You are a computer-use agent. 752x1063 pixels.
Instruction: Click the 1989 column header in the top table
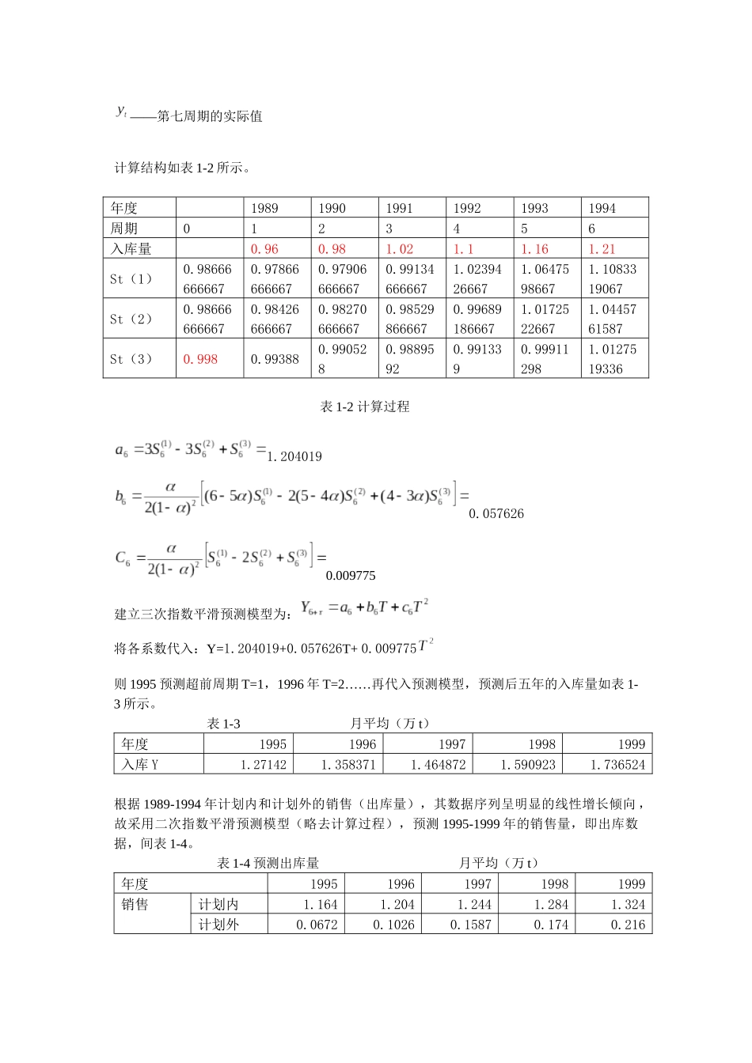(264, 208)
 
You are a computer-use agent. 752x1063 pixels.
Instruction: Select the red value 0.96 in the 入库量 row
(264, 248)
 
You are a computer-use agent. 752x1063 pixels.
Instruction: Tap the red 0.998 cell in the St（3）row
(200, 359)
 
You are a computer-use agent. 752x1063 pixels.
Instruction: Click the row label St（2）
(131, 319)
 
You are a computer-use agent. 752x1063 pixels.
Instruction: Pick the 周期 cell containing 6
(591, 229)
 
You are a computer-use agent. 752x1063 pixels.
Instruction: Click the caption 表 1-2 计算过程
(365, 407)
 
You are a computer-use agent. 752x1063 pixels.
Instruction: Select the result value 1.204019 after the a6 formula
(294, 456)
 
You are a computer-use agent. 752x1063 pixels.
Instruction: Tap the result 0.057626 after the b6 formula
(496, 513)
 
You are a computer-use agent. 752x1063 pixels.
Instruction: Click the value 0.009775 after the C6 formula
(351, 576)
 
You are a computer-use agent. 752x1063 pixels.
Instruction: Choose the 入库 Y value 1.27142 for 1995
(264, 765)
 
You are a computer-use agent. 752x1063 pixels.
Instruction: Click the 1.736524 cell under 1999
(617, 765)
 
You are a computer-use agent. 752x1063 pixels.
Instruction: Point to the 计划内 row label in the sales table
(218, 904)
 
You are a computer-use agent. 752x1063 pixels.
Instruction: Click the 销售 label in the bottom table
(135, 904)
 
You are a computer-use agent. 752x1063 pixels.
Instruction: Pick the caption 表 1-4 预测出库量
(268, 863)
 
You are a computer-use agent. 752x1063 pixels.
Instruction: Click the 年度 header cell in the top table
(124, 208)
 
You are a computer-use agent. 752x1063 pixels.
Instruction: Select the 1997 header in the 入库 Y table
(452, 744)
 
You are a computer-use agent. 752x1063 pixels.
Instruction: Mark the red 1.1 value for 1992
(463, 248)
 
